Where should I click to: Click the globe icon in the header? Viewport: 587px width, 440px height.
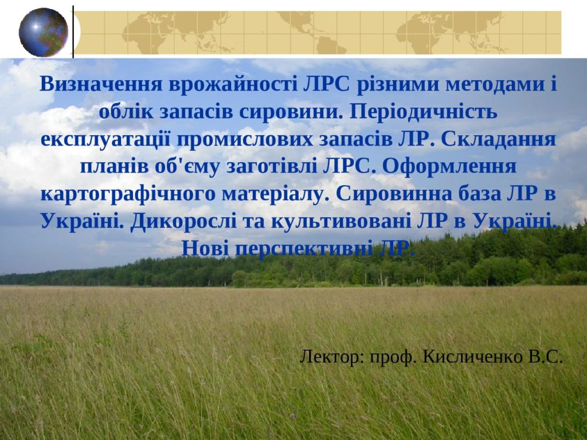[44, 33]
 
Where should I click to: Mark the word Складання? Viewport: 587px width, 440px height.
[498, 139]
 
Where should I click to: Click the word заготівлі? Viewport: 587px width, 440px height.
[272, 167]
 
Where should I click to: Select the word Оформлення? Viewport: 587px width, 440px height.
[449, 166]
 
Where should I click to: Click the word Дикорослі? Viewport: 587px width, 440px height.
[183, 222]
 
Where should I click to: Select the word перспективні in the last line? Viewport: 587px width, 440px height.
[304, 249]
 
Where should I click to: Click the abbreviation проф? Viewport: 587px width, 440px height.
[393, 357]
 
